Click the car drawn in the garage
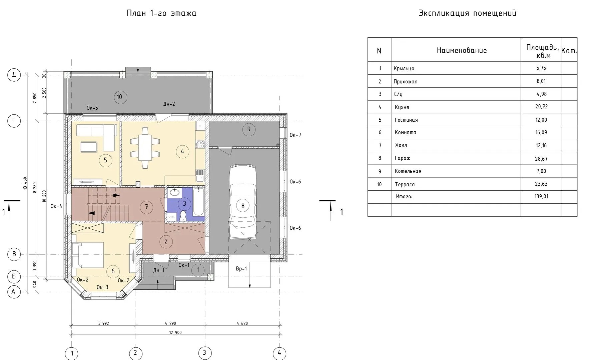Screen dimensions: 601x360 [243, 202]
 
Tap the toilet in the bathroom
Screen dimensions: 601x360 [183, 215]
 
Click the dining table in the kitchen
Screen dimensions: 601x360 [145, 148]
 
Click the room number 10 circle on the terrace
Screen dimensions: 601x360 [119, 97]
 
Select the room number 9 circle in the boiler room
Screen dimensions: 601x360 [249, 129]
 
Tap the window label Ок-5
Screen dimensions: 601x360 [92, 108]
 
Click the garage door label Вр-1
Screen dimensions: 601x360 [241, 269]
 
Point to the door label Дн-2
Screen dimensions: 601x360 [169, 104]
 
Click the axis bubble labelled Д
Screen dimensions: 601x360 [14, 75]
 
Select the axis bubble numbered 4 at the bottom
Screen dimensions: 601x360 [279, 353]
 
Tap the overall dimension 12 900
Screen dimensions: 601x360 [175, 332]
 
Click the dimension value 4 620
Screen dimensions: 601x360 [242, 323]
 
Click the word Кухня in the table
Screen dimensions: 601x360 [402, 107]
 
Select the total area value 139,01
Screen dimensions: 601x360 [541, 196]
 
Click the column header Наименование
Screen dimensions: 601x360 [462, 50]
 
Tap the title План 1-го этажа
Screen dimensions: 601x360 [161, 13]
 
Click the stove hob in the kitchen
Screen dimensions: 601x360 [200, 144]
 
